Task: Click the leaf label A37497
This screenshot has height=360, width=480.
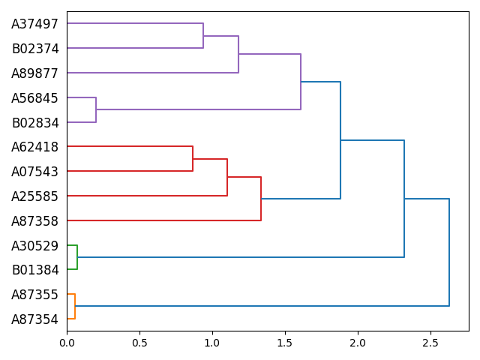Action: [x=34, y=24]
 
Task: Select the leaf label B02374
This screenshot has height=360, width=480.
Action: [x=34, y=49]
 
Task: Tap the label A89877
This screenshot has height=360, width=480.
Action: [x=34, y=73]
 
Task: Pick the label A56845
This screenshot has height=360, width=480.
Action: [x=34, y=98]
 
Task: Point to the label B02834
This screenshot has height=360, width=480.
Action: [x=34, y=123]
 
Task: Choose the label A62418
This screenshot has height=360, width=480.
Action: [x=34, y=147]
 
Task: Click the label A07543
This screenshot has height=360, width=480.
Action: [x=34, y=172]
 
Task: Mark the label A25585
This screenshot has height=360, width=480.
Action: [x=34, y=196]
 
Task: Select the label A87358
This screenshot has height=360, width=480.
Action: [x=34, y=221]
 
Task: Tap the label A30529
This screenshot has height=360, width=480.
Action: [x=34, y=245]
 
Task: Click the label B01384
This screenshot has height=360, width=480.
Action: [x=34, y=270]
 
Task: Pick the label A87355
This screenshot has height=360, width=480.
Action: [x=34, y=295]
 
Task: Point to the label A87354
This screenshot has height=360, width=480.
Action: [x=34, y=319]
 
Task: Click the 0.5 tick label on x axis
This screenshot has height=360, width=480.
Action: [x=139, y=343]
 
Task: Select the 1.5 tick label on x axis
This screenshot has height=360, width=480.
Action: [x=285, y=343]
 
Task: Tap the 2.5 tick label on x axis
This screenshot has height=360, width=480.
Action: [x=430, y=343]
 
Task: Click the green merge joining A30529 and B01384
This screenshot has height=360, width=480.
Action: [x=77, y=257]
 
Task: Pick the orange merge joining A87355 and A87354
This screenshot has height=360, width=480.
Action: [x=75, y=306]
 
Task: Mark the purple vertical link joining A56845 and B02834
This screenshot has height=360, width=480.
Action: [x=96, y=109]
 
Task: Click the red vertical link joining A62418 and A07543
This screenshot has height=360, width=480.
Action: [x=193, y=159]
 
